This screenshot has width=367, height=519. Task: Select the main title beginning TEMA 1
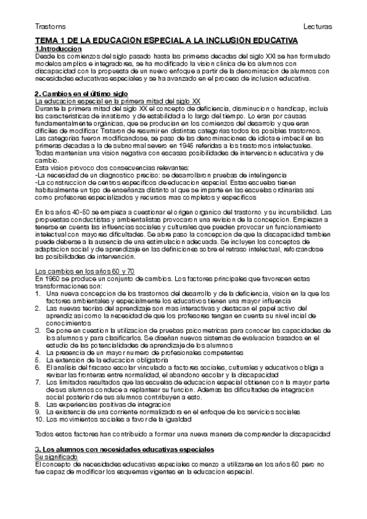(x=166, y=40)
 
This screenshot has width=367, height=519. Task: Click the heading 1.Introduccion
(x=58, y=48)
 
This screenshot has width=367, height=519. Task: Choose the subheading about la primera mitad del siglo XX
(x=117, y=100)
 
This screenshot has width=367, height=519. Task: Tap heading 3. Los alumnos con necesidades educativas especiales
(x=123, y=449)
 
